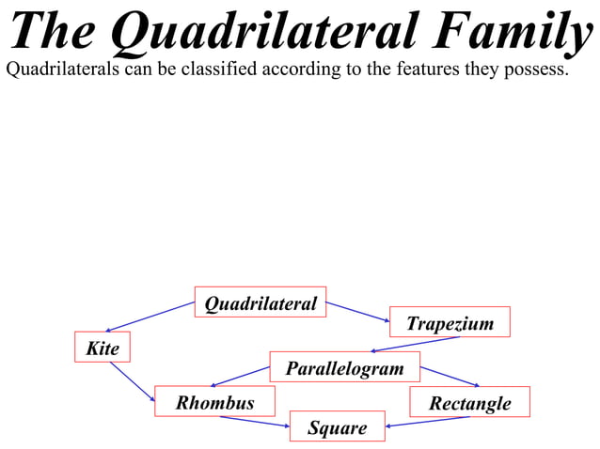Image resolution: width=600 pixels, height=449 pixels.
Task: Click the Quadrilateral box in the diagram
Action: (x=261, y=302)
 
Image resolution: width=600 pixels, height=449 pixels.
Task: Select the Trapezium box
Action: (x=450, y=322)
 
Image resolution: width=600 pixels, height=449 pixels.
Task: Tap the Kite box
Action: (x=103, y=348)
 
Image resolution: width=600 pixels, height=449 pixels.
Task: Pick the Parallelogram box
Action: (x=344, y=367)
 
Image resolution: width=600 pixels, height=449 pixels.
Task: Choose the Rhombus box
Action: (x=214, y=402)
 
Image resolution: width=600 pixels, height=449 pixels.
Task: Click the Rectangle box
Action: (x=469, y=402)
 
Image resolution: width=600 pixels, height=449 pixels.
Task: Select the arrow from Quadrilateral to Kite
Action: (x=150, y=317)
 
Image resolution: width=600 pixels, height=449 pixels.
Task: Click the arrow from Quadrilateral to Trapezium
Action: (x=357, y=312)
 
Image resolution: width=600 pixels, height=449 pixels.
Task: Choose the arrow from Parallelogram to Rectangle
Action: (x=450, y=376)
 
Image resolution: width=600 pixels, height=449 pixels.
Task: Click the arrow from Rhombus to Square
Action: (x=255, y=421)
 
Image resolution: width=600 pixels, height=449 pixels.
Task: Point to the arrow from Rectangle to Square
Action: (x=429, y=421)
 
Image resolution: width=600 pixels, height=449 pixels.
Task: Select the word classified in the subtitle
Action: (x=213, y=70)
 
